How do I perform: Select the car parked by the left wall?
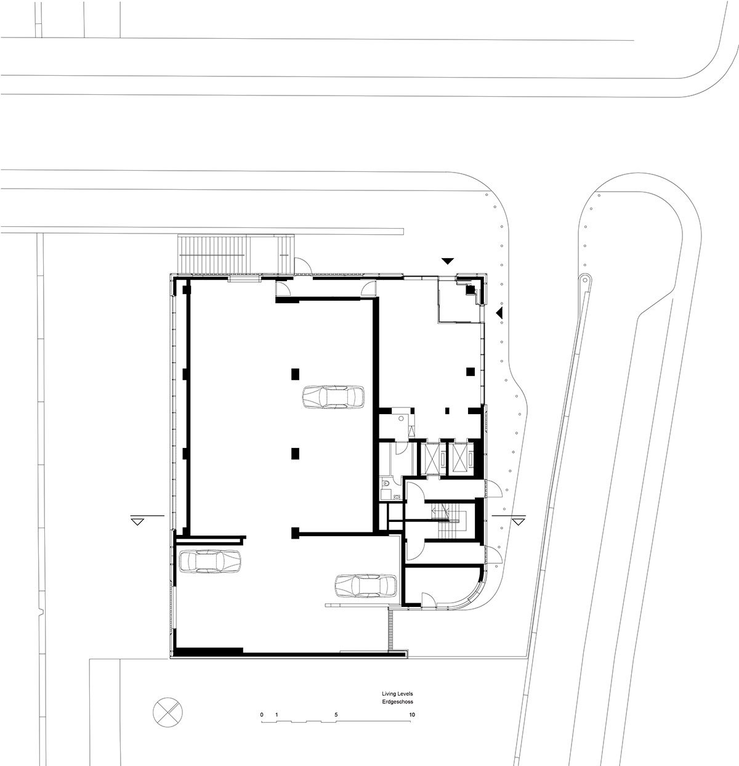(209, 561)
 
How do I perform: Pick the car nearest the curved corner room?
(366, 586)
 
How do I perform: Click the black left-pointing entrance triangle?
(499, 313)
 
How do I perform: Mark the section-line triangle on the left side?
(137, 521)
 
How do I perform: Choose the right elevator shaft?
(460, 457)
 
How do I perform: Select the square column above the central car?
(295, 373)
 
